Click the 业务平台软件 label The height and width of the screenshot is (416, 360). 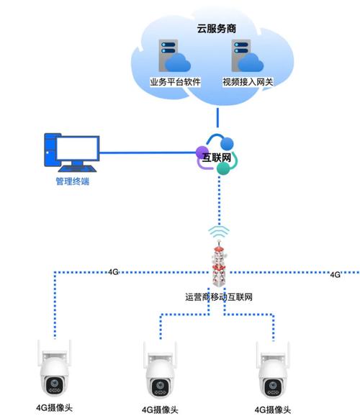click(174, 83)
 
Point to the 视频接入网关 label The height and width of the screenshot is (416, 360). click(248, 83)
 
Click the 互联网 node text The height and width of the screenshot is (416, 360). click(217, 155)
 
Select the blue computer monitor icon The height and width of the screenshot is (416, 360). click(71, 151)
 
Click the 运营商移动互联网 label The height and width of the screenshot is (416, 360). click(218, 297)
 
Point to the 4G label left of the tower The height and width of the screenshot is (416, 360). click(113, 273)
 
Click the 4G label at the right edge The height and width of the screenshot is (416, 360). click(336, 275)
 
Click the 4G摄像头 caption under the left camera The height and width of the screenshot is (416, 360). click(55, 407)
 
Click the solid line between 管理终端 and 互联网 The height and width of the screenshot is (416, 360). click(144, 153)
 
